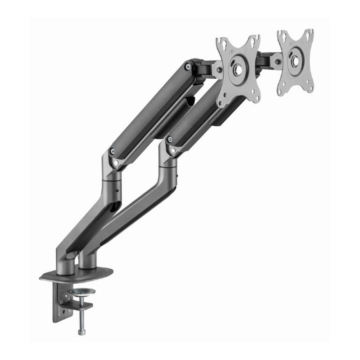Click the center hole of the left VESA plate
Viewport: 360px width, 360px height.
238,68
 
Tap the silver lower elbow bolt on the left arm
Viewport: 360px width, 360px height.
116,163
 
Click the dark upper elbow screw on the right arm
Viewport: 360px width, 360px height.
170,139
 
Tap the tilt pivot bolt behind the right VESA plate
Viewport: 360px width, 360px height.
276,61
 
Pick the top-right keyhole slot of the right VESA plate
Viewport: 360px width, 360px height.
310,34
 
